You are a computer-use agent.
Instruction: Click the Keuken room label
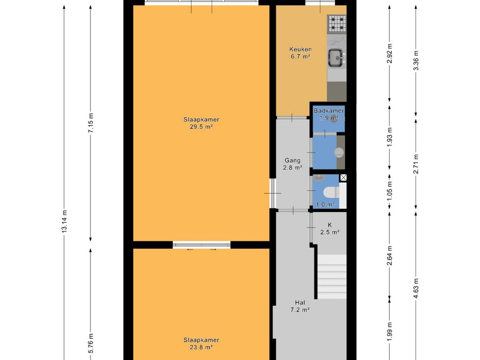pyautogui.click(x=300, y=49)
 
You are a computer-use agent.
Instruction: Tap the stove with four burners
pyautogui.click(x=337, y=24)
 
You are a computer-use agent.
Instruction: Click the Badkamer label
pyautogui.click(x=329, y=111)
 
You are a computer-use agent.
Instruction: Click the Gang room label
pyautogui.click(x=292, y=160)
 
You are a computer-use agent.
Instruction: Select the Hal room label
pyautogui.click(x=300, y=303)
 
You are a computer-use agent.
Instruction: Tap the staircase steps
pyautogui.click(x=332, y=277)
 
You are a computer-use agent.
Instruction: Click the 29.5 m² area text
pyautogui.click(x=201, y=127)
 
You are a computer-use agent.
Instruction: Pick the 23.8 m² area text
pyautogui.click(x=201, y=347)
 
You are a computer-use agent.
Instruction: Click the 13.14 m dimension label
pyautogui.click(x=64, y=221)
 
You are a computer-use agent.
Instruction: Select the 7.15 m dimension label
pyautogui.click(x=90, y=123)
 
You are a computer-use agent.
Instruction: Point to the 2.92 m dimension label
pyautogui.click(x=390, y=53)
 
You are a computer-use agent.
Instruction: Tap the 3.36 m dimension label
pyautogui.click(x=416, y=60)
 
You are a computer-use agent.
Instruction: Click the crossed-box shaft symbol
pyautogui.click(x=343, y=177)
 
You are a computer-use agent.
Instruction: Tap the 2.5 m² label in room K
pyautogui.click(x=330, y=232)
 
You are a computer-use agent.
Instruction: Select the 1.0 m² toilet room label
pyautogui.click(x=325, y=204)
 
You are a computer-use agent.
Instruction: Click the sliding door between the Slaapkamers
pyautogui.click(x=202, y=245)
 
